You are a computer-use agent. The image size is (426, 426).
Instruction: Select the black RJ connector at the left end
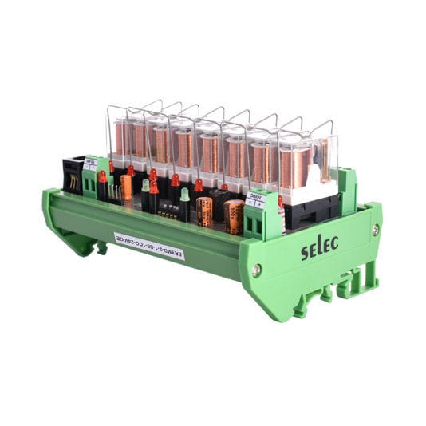[71, 177]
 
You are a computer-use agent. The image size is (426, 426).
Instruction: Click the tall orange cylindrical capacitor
[127, 187]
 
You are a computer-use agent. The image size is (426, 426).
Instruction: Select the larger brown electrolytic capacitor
[234, 216]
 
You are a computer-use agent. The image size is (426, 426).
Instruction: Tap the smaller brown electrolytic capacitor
[205, 211]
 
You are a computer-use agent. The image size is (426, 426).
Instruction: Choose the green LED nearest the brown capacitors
[184, 195]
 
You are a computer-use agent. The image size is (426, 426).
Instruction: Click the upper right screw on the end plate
[374, 230]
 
